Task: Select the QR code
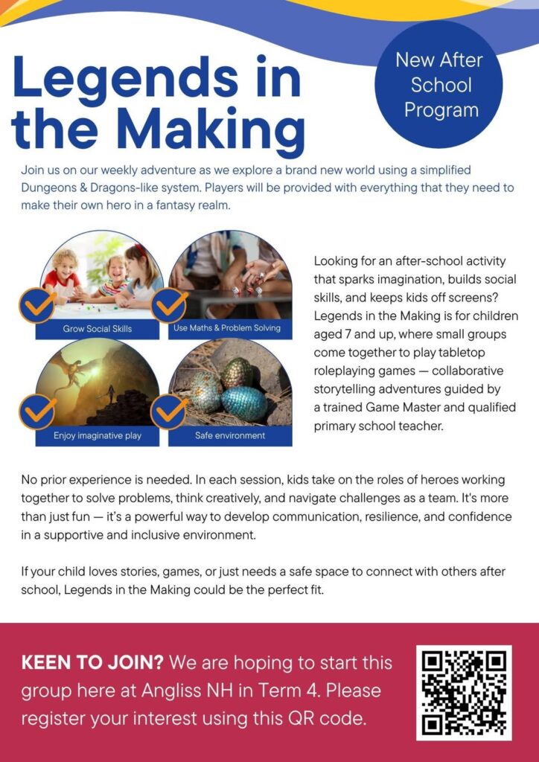pos(464,692)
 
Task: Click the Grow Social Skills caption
pos(98,328)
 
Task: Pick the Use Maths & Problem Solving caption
pos(226,328)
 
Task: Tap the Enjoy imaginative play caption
pos(98,435)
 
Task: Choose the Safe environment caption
pos(229,435)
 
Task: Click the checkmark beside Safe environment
pos(170,411)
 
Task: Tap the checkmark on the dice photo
pos(170,305)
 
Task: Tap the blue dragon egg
pos(243,403)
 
